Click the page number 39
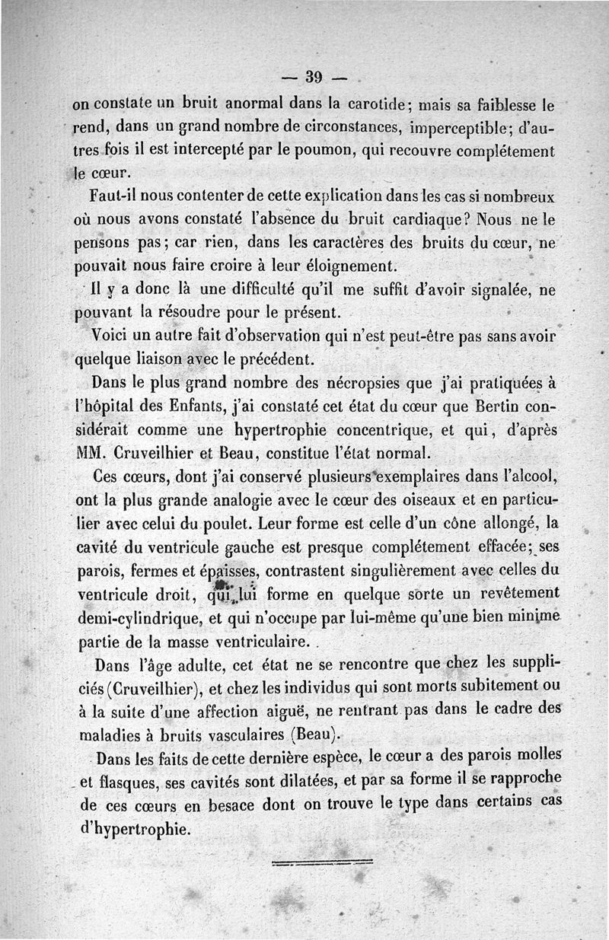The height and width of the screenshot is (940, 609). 314,77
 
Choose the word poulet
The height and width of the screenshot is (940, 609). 228,525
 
